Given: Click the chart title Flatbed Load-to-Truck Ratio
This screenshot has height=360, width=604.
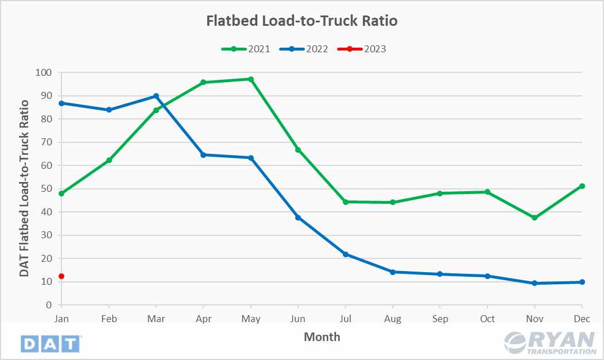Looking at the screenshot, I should (x=301, y=21).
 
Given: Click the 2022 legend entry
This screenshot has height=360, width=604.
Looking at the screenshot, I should (x=304, y=49).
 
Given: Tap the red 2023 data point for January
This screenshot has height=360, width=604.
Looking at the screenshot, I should (x=61, y=276).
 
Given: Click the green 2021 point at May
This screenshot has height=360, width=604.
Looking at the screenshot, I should (x=251, y=79).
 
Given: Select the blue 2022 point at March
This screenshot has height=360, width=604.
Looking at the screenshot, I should (x=156, y=96).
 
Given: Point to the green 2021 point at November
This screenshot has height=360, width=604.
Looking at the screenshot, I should (x=535, y=218).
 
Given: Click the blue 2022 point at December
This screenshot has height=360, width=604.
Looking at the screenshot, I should (x=582, y=282).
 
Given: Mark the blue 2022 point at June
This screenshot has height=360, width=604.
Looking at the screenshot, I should (x=298, y=218).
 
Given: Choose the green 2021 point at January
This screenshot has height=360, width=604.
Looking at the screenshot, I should (x=61, y=193).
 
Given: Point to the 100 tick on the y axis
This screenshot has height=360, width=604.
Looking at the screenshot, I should (x=44, y=73).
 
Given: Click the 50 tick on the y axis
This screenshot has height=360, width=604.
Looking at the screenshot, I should (x=47, y=189).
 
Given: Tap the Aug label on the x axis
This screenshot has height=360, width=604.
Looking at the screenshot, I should (x=393, y=318).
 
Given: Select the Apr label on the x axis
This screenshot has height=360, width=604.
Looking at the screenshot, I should (x=203, y=318).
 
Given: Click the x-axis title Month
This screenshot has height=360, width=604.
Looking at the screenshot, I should (x=322, y=337).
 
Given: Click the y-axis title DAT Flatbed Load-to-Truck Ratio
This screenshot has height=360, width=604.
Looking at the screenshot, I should (x=24, y=188).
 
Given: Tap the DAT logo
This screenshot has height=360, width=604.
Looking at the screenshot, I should (x=51, y=343).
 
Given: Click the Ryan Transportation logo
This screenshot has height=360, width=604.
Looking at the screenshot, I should (x=550, y=343).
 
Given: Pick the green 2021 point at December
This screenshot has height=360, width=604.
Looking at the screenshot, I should (x=582, y=186).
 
